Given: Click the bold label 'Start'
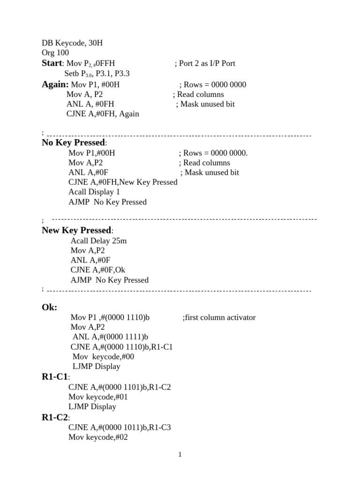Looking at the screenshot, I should [x=52, y=63].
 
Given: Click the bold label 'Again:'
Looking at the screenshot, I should [x=55, y=84].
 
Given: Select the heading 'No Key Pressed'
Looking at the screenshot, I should [x=74, y=143].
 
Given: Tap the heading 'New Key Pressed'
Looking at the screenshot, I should [x=76, y=230].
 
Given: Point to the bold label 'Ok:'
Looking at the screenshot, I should [x=50, y=307].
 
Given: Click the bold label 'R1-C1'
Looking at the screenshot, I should [x=55, y=376].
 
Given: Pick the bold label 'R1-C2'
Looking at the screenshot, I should [x=55, y=417].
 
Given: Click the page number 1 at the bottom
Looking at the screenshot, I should [x=180, y=454].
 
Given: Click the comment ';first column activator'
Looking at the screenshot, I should [x=219, y=317].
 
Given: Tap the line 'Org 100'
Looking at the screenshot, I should [x=55, y=53].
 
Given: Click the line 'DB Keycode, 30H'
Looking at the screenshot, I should [x=72, y=43].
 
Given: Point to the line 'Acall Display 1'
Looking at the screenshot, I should [x=94, y=192].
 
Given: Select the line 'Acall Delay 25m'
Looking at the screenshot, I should [x=98, y=240].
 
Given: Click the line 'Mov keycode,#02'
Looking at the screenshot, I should [x=98, y=437].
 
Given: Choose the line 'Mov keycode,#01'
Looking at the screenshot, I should [x=98, y=397].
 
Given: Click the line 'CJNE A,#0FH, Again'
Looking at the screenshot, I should [x=103, y=113].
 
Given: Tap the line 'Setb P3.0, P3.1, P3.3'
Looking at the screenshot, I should [x=97, y=74].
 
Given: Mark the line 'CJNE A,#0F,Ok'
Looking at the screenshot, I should [x=98, y=270].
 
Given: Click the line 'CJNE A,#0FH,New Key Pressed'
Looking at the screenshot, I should [x=123, y=182].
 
